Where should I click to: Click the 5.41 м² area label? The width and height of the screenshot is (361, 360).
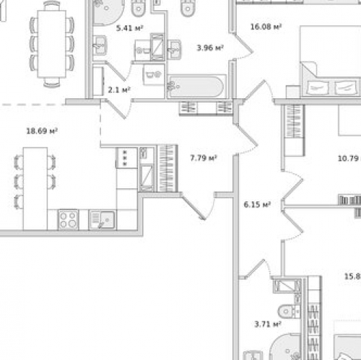[129, 29]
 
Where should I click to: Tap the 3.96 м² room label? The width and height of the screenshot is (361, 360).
[209, 48]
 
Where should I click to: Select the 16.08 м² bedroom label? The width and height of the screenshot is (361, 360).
[265, 27]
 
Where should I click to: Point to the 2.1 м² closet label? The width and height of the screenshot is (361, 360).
[118, 90]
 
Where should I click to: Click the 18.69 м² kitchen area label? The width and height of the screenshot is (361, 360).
[42, 131]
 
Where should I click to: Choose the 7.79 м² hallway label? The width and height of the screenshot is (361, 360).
[203, 157]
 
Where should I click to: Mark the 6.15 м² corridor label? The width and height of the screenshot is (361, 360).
[256, 204]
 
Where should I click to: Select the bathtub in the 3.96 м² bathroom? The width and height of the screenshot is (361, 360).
[196, 87]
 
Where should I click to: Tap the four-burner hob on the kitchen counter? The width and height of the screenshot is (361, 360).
[68, 218]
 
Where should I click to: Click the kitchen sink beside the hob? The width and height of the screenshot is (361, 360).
[101, 218]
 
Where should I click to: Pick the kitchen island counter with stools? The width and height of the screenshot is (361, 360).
[35, 187]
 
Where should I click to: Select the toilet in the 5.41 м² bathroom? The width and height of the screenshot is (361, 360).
[139, 7]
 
